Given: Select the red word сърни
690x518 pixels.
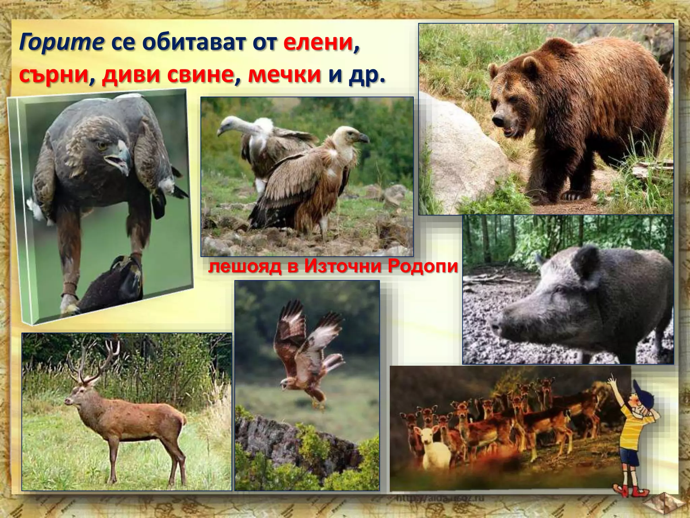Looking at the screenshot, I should click(54, 76).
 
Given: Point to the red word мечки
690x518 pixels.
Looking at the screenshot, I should click(284, 76).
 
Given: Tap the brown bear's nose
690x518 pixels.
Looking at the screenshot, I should click(497, 120).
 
